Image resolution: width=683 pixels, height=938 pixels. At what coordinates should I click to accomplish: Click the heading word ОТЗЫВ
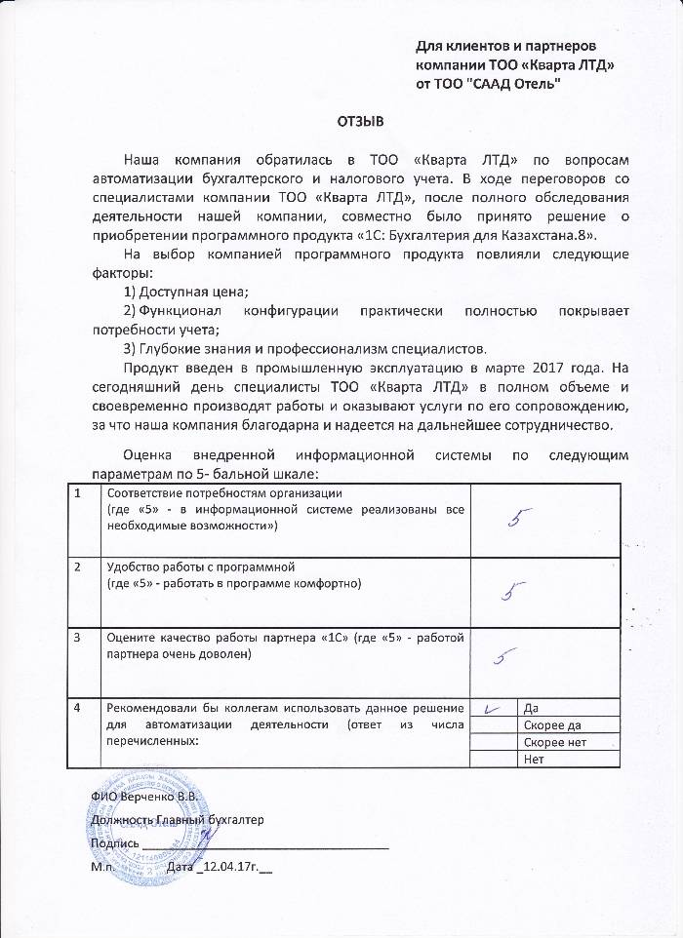[x=361, y=121]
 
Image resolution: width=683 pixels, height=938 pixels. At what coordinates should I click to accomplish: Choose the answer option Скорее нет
[x=555, y=742]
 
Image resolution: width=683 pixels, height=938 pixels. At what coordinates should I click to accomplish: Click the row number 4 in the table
[x=78, y=707]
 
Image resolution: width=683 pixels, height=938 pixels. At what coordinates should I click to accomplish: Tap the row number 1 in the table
[x=78, y=492]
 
